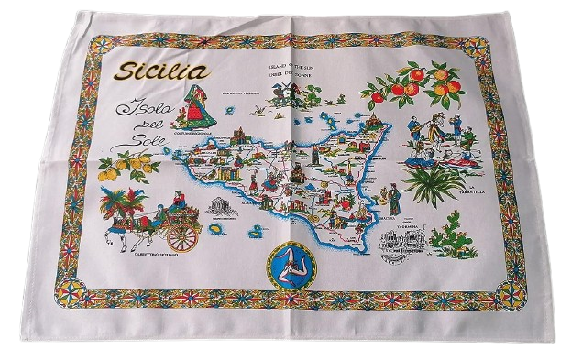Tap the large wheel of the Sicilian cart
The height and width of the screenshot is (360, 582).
(x=181, y=235)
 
